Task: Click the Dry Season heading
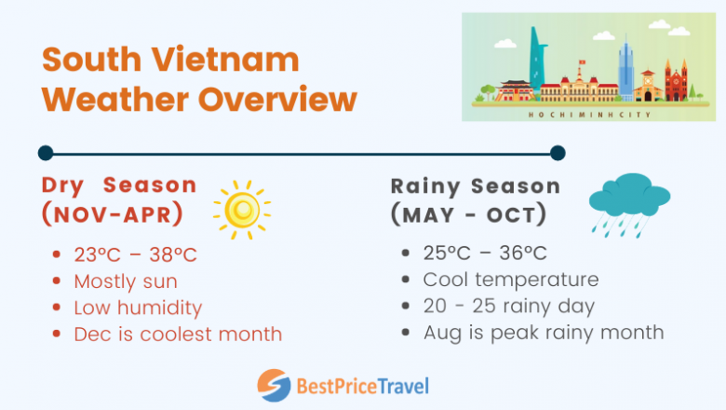tap(119, 184)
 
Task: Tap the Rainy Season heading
tap(476, 185)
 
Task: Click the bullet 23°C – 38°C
tap(137, 254)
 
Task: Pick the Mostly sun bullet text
tap(126, 280)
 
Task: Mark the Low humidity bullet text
tap(138, 307)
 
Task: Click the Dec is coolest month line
tap(178, 333)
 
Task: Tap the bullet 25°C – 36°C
tap(485, 253)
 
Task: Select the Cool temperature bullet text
tap(511, 280)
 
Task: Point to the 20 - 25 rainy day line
tap(509, 306)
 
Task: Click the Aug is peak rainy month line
tap(544, 332)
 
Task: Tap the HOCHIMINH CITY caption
tap(590, 115)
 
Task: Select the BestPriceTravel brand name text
tap(362, 385)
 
